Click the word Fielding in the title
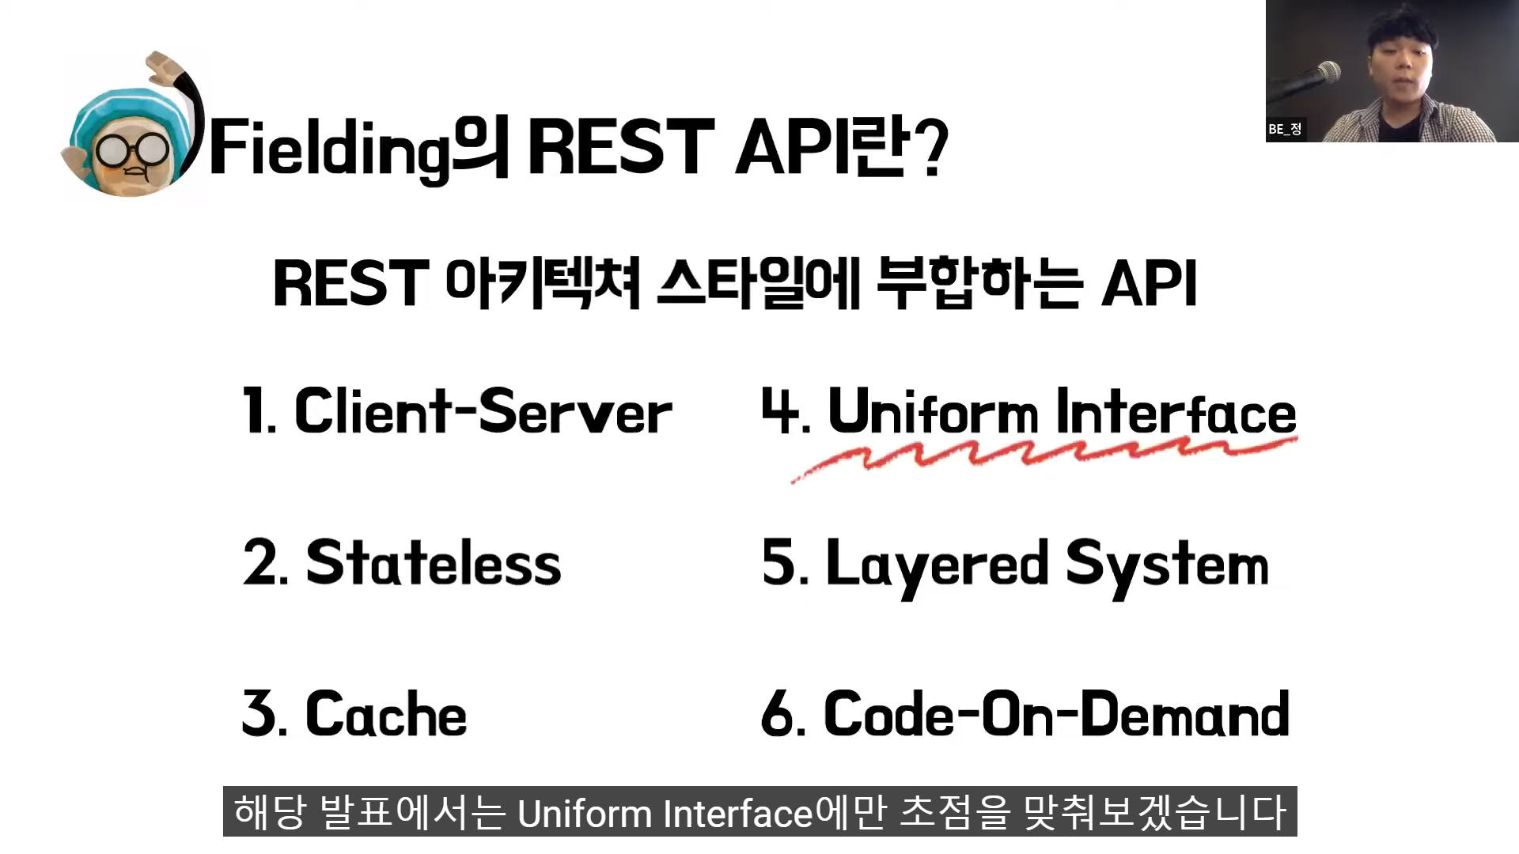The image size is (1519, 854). [x=328, y=149]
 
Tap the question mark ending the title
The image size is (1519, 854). [x=934, y=148]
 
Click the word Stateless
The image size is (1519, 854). [x=434, y=563]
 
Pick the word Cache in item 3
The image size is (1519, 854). [x=386, y=714]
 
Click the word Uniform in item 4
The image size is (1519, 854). [x=932, y=412]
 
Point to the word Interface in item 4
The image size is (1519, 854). [x=1176, y=412]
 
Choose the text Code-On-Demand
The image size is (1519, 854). [x=1056, y=714]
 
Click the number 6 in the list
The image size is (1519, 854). [x=777, y=714]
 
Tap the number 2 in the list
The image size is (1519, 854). [x=259, y=563]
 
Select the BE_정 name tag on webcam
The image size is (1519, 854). [x=1285, y=129]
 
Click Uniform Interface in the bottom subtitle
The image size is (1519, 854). [x=665, y=814]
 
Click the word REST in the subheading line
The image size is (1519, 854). [x=350, y=284]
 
